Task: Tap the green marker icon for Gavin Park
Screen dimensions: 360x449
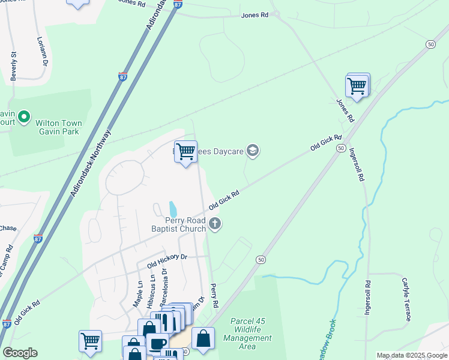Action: coord(24,116)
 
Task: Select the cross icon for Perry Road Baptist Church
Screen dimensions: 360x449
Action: coord(215,225)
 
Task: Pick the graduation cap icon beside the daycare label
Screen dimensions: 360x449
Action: coord(253,151)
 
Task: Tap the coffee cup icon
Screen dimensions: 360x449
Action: coord(157,344)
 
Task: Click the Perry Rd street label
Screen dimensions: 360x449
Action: coord(212,293)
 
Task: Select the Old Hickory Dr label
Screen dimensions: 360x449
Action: coord(167,261)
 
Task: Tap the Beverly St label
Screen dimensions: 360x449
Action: coord(13,66)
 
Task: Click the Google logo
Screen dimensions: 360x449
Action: coord(20,353)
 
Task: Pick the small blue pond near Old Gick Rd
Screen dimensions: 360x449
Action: coord(173,209)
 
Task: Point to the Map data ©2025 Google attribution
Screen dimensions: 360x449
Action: coord(412,355)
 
